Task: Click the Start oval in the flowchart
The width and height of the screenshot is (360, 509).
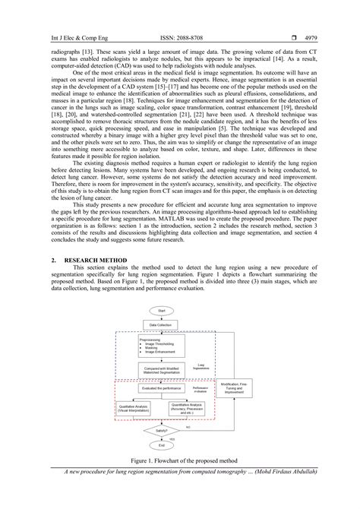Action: coord(162,311)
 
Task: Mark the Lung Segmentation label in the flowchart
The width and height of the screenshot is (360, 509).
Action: coord(203,366)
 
